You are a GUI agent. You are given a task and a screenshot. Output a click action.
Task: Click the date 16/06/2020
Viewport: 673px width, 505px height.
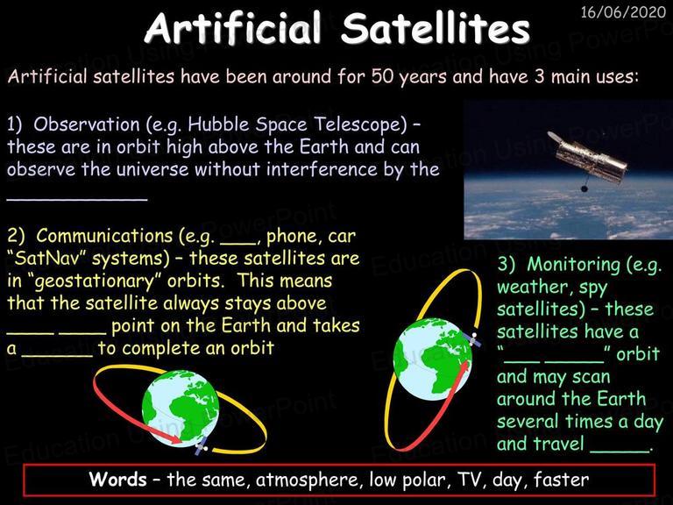coord(623,12)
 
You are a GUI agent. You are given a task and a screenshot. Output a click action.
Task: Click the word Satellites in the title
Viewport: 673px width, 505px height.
coord(436,28)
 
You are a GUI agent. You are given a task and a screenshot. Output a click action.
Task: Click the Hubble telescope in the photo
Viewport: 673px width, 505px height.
coord(587,159)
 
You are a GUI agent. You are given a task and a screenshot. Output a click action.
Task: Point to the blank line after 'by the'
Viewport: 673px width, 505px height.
coord(77,199)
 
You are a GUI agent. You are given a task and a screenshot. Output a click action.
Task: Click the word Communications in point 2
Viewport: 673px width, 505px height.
coord(104,236)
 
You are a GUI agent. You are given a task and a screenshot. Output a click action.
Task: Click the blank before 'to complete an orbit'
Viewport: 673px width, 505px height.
coord(57,355)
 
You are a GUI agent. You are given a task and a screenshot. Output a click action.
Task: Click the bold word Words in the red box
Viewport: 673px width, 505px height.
coord(117,479)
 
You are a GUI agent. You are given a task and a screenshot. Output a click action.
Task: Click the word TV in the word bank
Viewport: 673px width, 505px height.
coord(471,480)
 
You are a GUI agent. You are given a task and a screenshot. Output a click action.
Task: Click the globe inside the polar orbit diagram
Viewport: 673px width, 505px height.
coord(433,359)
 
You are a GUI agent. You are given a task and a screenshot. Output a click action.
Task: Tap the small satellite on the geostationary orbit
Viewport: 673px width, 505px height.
coord(201,445)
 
